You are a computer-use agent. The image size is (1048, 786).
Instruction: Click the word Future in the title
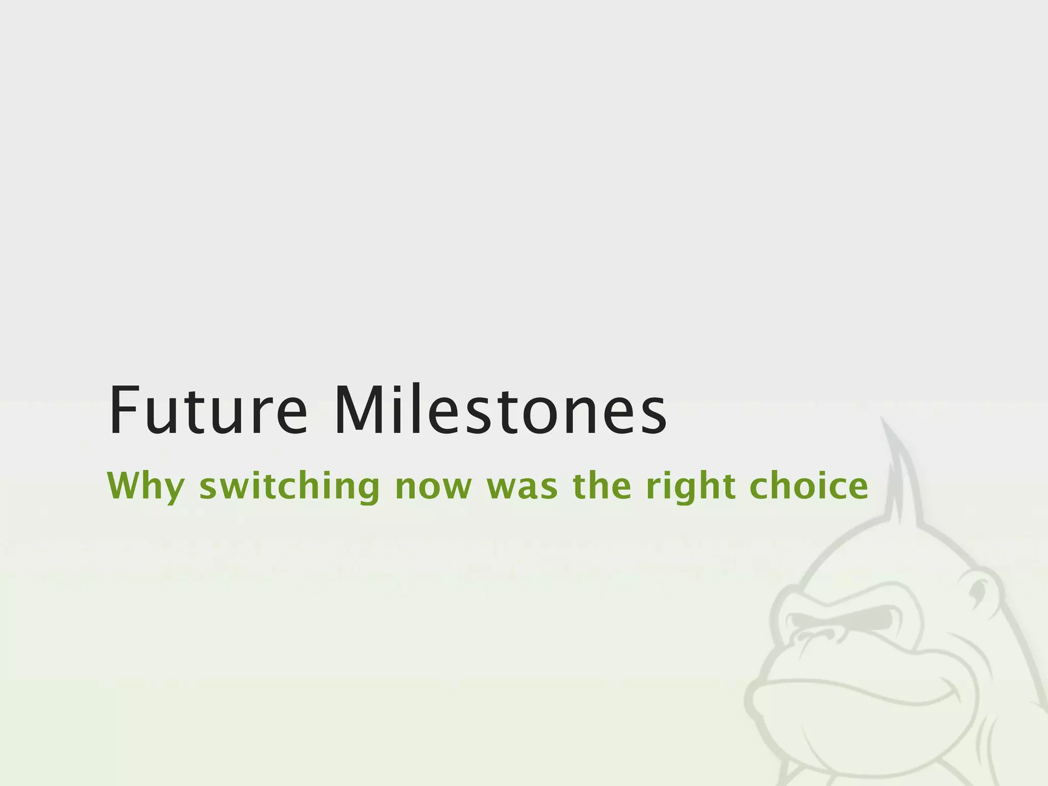208,411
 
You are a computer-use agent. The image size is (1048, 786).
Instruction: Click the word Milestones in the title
500,411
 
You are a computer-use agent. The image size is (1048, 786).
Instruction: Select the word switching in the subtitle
289,487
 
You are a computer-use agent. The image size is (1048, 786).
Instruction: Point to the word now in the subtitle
433,487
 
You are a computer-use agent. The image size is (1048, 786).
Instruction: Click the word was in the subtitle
522,487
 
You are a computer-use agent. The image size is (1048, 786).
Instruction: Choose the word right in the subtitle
691,487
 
